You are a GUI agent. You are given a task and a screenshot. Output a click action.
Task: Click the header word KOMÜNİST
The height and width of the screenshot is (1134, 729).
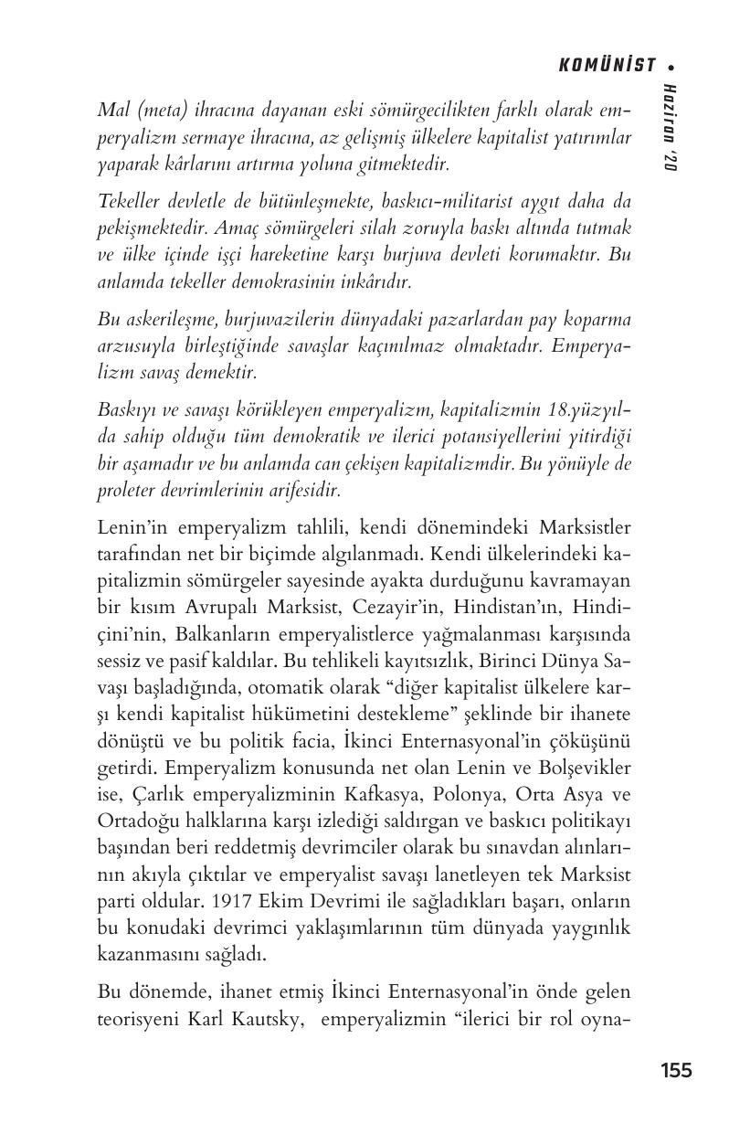click(607, 65)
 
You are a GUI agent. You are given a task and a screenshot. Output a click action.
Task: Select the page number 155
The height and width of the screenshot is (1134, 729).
click(676, 1070)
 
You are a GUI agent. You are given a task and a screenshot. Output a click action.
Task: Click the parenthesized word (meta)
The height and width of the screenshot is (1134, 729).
click(157, 110)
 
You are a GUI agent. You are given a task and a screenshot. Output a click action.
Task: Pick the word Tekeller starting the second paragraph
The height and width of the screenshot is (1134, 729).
click(127, 201)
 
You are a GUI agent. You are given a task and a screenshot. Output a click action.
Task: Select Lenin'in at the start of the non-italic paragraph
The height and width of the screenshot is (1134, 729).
click(131, 527)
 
